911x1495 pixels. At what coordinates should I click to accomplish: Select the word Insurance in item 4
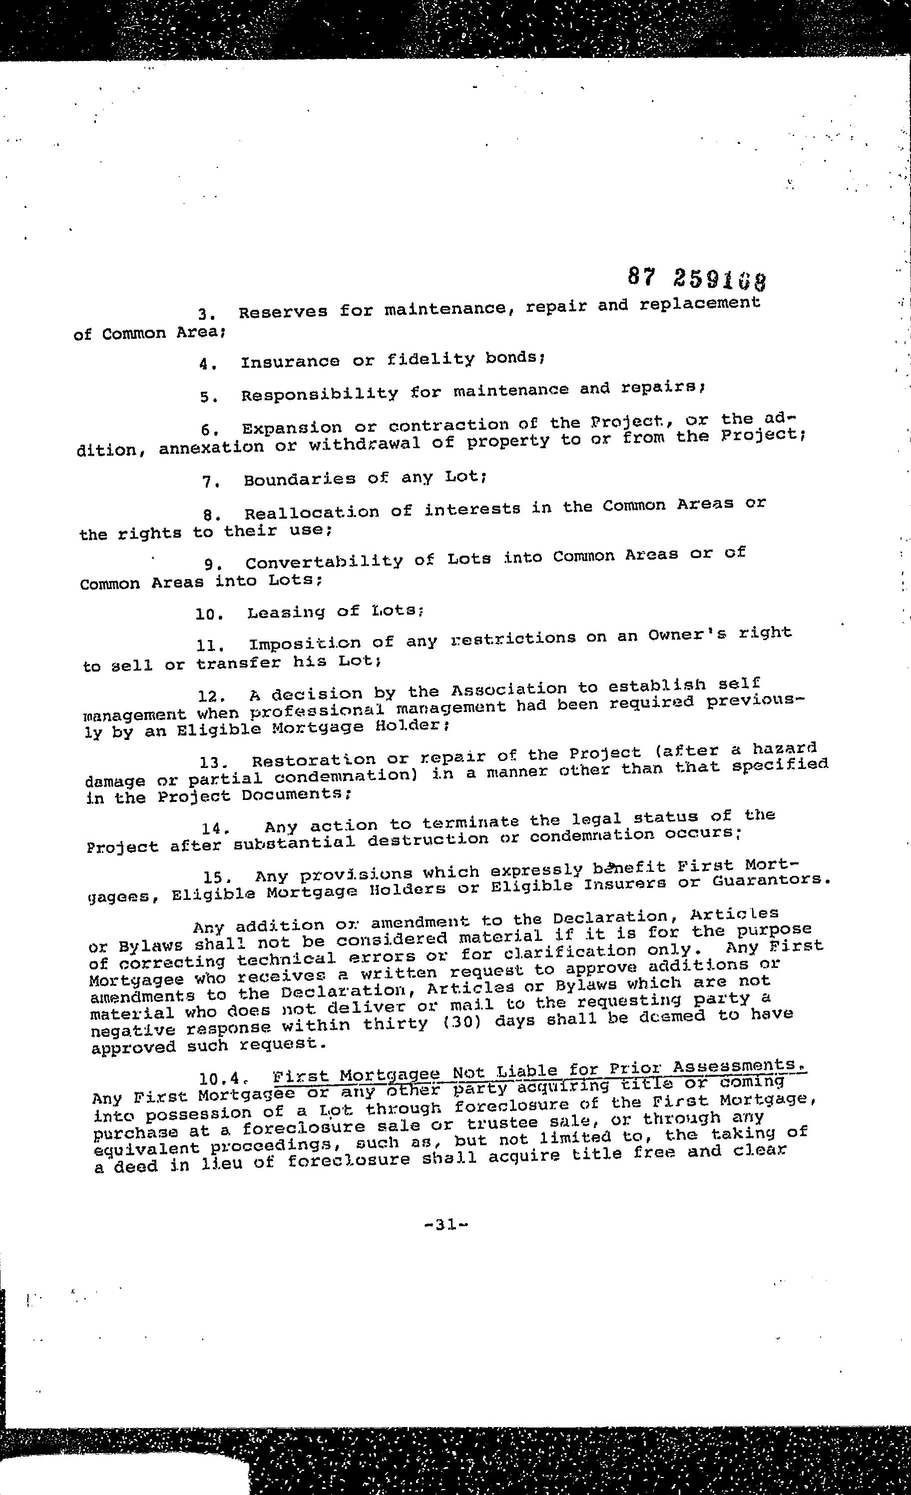coord(290,362)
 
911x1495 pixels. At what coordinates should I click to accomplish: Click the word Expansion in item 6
coord(292,428)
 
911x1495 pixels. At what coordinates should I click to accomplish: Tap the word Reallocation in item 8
coord(312,513)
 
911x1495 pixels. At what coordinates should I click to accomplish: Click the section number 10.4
coord(224,1079)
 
